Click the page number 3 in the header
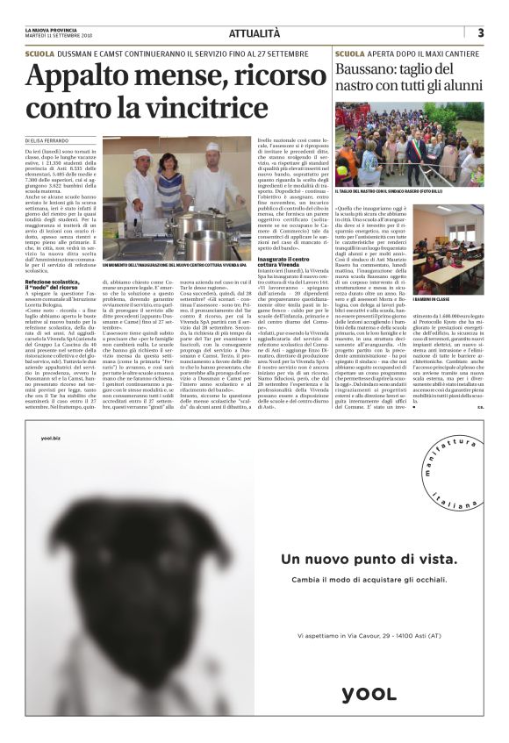tap(481, 32)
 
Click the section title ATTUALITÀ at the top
tap(254, 33)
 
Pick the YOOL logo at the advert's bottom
tap(368, 694)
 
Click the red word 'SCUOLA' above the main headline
tap(40, 54)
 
